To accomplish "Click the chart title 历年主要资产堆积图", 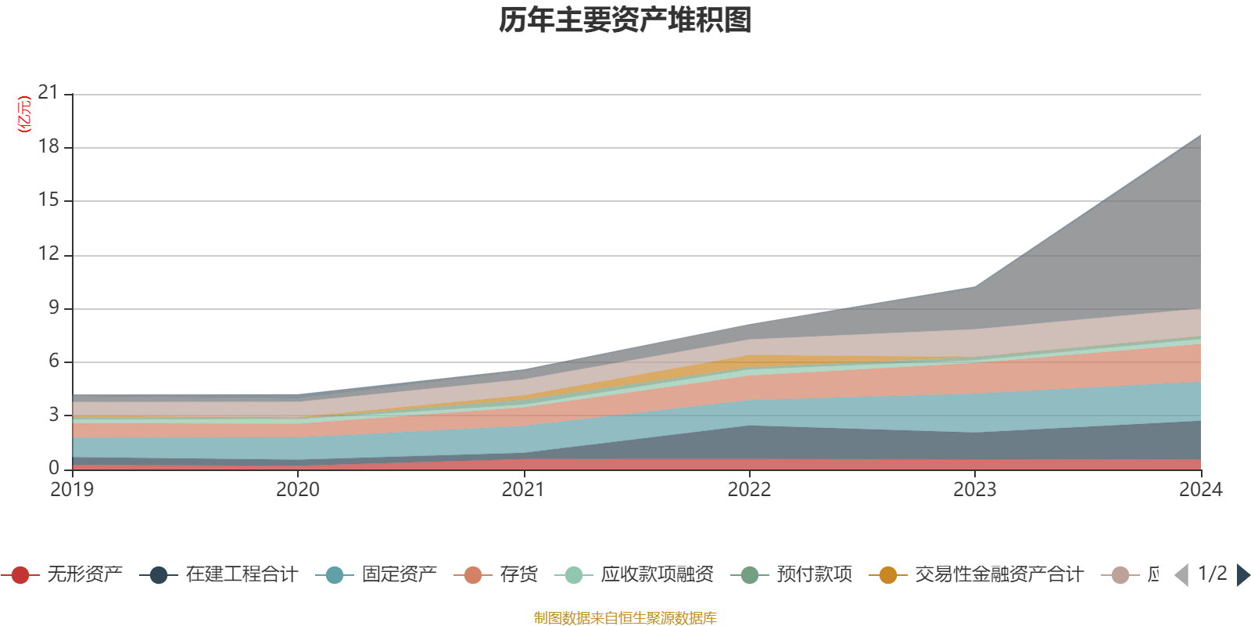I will (x=625, y=20).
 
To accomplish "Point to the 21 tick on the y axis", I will (x=48, y=93).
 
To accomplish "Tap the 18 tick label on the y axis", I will (x=48, y=146).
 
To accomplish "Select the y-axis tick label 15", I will (x=48, y=200).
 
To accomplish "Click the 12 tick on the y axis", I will (x=48, y=254).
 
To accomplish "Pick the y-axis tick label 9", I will (x=54, y=308).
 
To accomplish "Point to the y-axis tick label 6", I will (x=54, y=361).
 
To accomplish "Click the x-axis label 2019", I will (x=72, y=490).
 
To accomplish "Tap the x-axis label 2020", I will (x=298, y=490).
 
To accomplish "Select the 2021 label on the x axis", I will (x=523, y=490).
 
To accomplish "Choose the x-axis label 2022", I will (x=749, y=490).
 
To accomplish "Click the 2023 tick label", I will (x=974, y=490).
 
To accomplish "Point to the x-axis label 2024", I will (x=1200, y=490).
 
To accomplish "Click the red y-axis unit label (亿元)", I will (x=24, y=114).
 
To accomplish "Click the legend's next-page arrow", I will (x=1242, y=575).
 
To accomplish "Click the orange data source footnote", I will (x=625, y=618).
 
